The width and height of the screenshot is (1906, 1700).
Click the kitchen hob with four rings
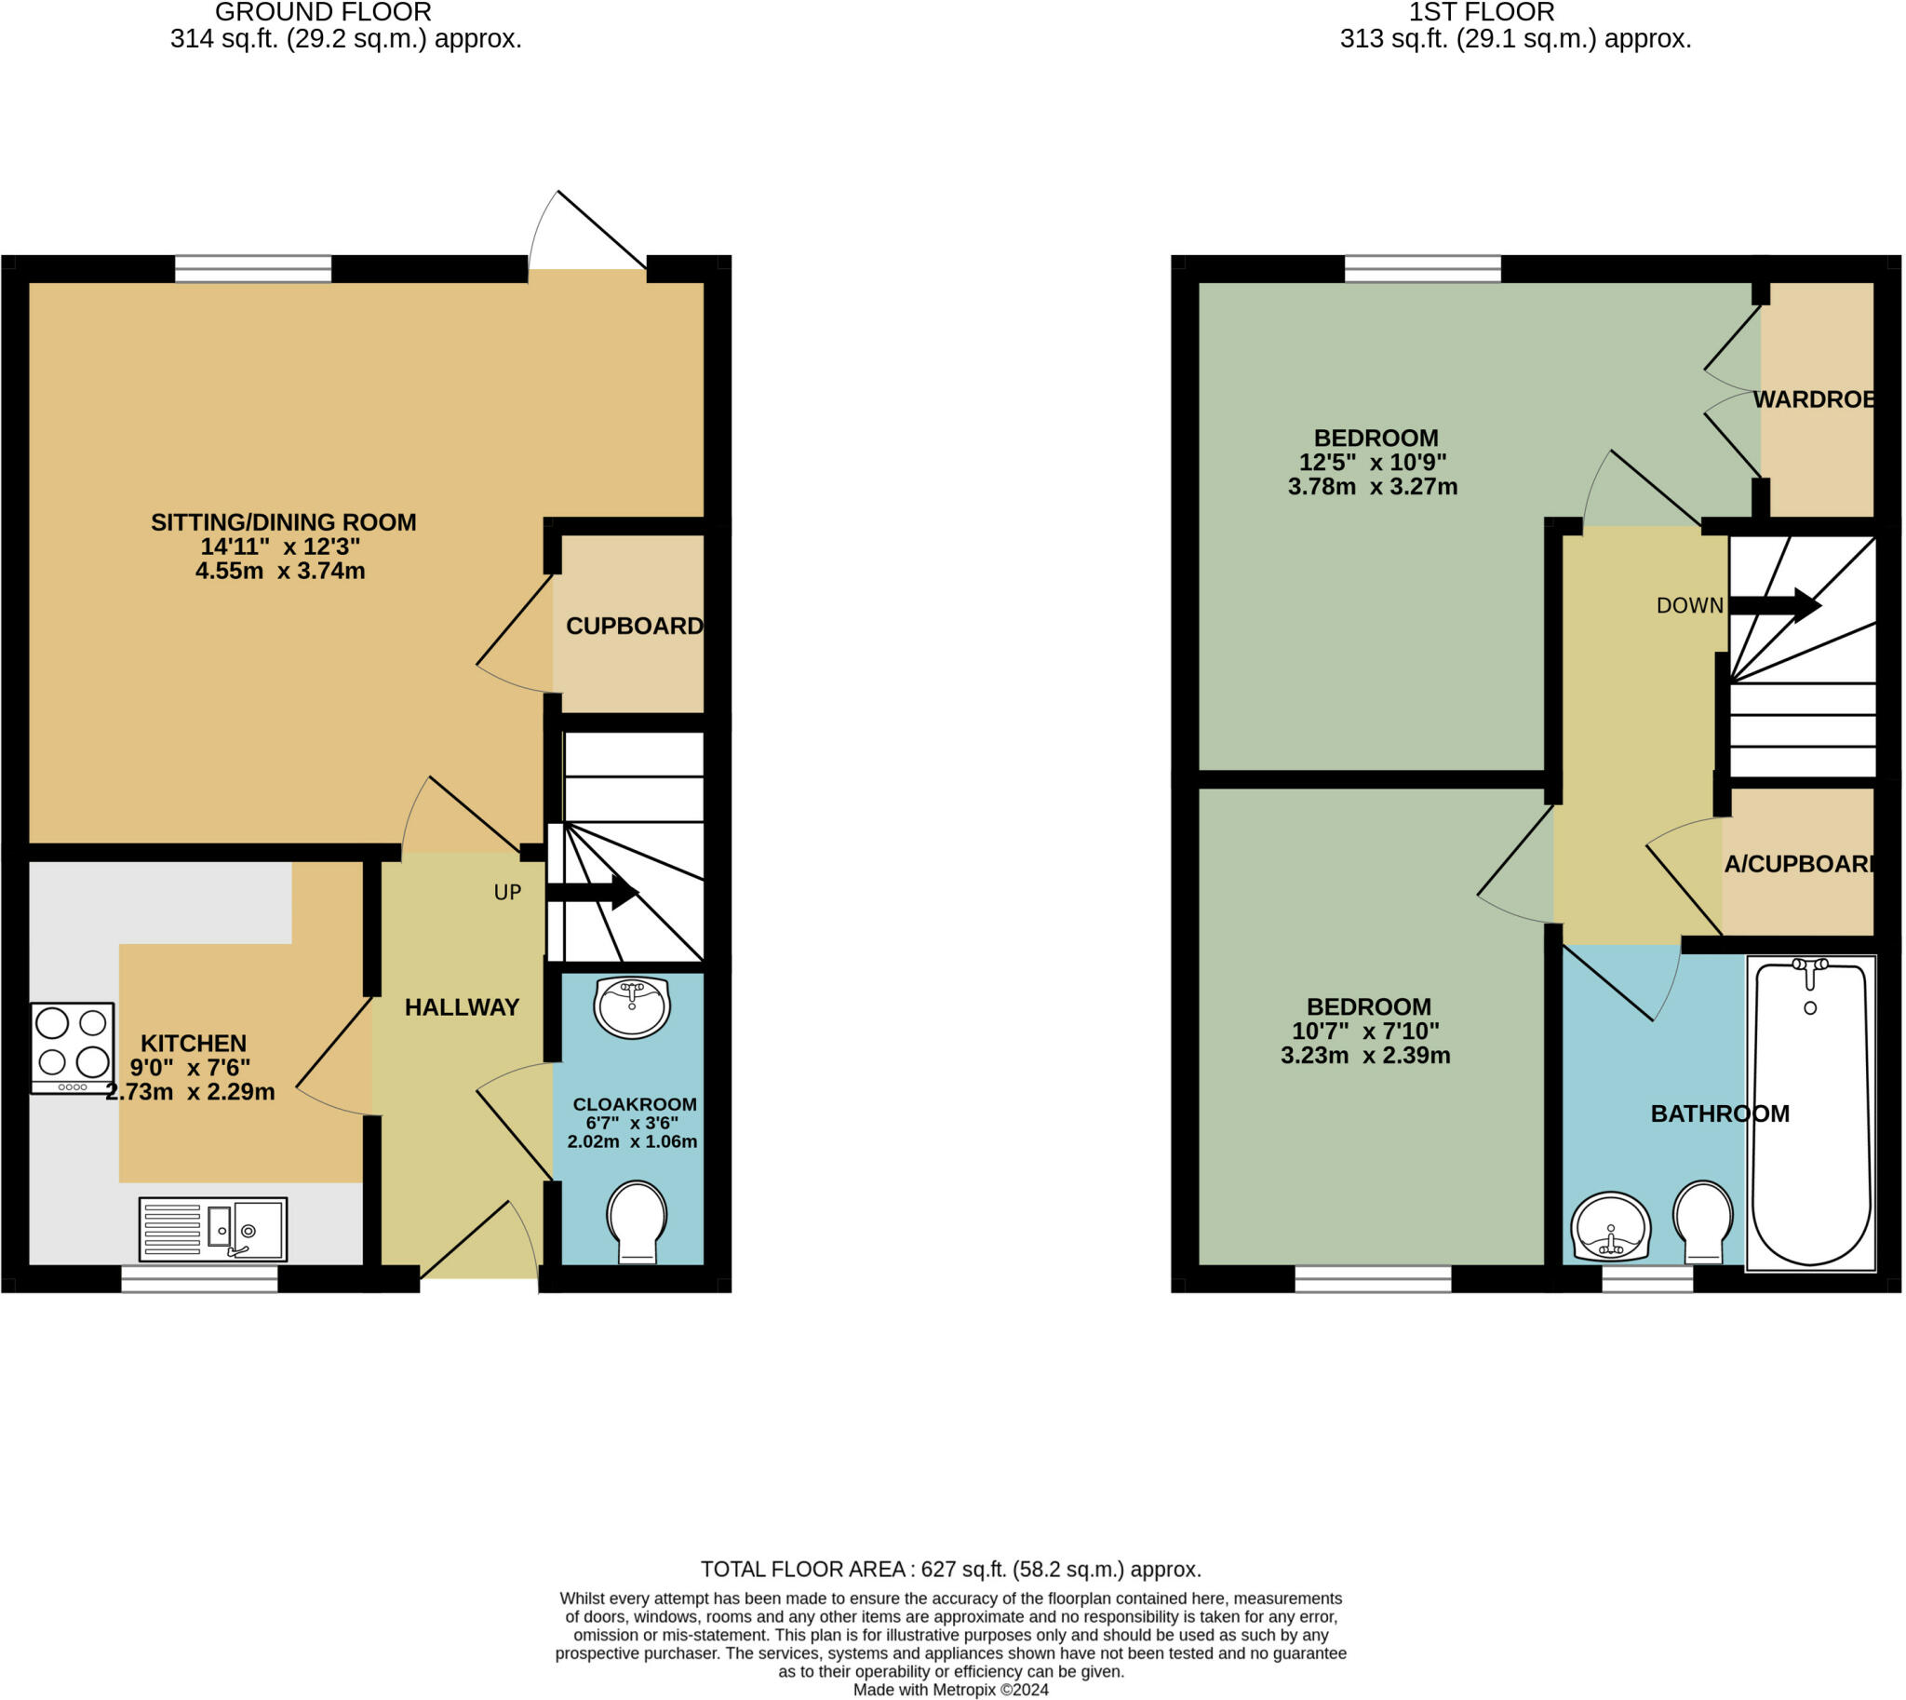73,1048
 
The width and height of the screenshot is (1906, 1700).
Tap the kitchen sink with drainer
213,1229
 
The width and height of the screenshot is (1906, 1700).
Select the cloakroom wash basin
632,1008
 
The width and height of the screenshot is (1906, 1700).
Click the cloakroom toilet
637,1222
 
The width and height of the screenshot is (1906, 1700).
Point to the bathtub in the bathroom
1811,1113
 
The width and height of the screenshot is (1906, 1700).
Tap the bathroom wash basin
1611,1225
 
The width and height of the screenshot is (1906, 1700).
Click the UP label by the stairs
507,892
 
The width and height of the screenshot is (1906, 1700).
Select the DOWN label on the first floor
1689,605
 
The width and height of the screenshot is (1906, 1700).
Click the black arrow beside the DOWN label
1776,605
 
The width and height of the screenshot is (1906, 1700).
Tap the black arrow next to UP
592,891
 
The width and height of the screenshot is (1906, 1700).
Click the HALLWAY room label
463,1007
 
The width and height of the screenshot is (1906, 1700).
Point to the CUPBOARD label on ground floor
634,626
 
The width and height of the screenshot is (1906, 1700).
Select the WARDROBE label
1814,399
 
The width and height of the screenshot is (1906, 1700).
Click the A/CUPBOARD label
1799,864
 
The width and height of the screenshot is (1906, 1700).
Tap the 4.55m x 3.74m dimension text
280,571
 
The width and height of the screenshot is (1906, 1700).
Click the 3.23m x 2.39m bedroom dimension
1365,1056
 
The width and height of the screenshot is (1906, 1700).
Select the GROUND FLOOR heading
323,12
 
